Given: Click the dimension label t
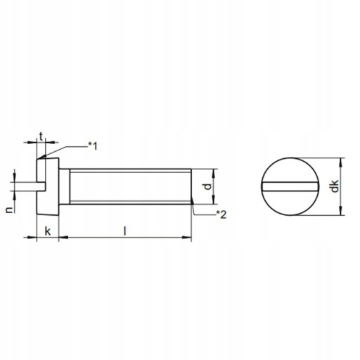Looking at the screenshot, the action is tap(41, 136).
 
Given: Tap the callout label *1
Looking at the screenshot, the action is tap(92, 146).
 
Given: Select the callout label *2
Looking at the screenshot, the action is tap(221, 214).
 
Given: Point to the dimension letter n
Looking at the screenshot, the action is tap(9, 210).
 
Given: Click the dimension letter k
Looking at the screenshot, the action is tap(48, 231).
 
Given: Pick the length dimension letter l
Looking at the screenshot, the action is tap(125, 231).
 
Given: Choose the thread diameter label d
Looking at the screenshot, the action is tap(207, 186).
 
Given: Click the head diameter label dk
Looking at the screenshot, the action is tap(335, 186).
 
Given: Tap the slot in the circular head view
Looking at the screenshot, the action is tap(290, 186).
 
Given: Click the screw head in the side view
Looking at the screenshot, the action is tap(48, 186).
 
